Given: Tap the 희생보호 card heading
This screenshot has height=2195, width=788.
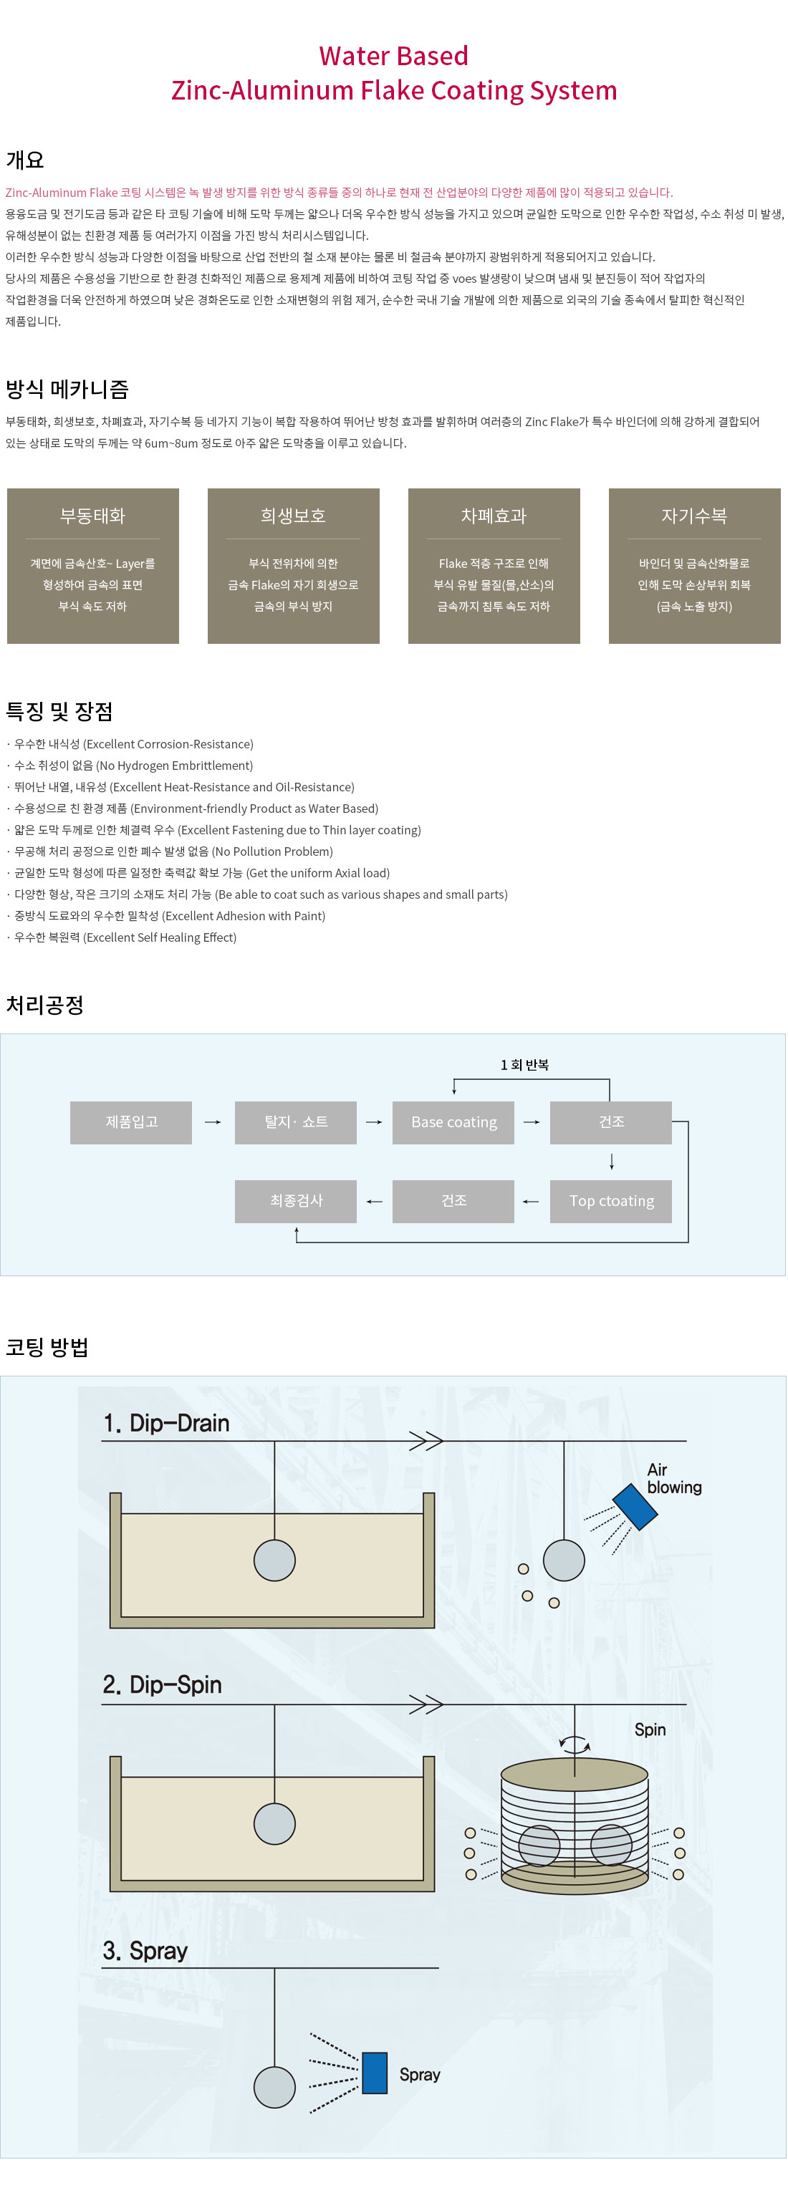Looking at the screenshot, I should point(293,516).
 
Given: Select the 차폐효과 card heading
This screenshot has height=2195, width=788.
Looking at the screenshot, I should point(494,516).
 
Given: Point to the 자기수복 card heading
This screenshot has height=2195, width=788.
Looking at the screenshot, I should point(693,516).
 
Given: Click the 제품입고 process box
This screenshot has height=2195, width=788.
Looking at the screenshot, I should point(131,1122).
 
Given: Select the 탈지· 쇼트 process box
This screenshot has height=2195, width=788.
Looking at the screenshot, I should point(296,1122).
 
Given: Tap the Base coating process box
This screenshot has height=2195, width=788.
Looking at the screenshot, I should point(453,1122).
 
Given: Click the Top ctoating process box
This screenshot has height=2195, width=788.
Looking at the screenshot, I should point(611,1200).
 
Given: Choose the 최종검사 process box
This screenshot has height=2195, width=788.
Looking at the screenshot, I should point(296,1200).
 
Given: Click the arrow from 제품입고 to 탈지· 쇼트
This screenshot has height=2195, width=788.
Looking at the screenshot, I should point(213,1122).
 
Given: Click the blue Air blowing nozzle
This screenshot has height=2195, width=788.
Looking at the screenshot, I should point(635,1507).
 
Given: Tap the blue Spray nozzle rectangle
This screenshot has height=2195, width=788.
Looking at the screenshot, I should point(375,2073).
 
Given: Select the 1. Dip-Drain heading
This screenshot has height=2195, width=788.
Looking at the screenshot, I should point(166,1423).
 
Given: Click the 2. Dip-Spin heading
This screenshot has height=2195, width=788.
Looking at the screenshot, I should point(162,1684).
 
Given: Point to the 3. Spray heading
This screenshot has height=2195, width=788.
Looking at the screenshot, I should point(145,1951).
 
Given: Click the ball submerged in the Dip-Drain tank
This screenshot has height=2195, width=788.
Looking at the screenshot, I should point(274,1561).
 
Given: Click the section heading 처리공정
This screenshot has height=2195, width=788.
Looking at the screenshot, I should point(45,1005).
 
